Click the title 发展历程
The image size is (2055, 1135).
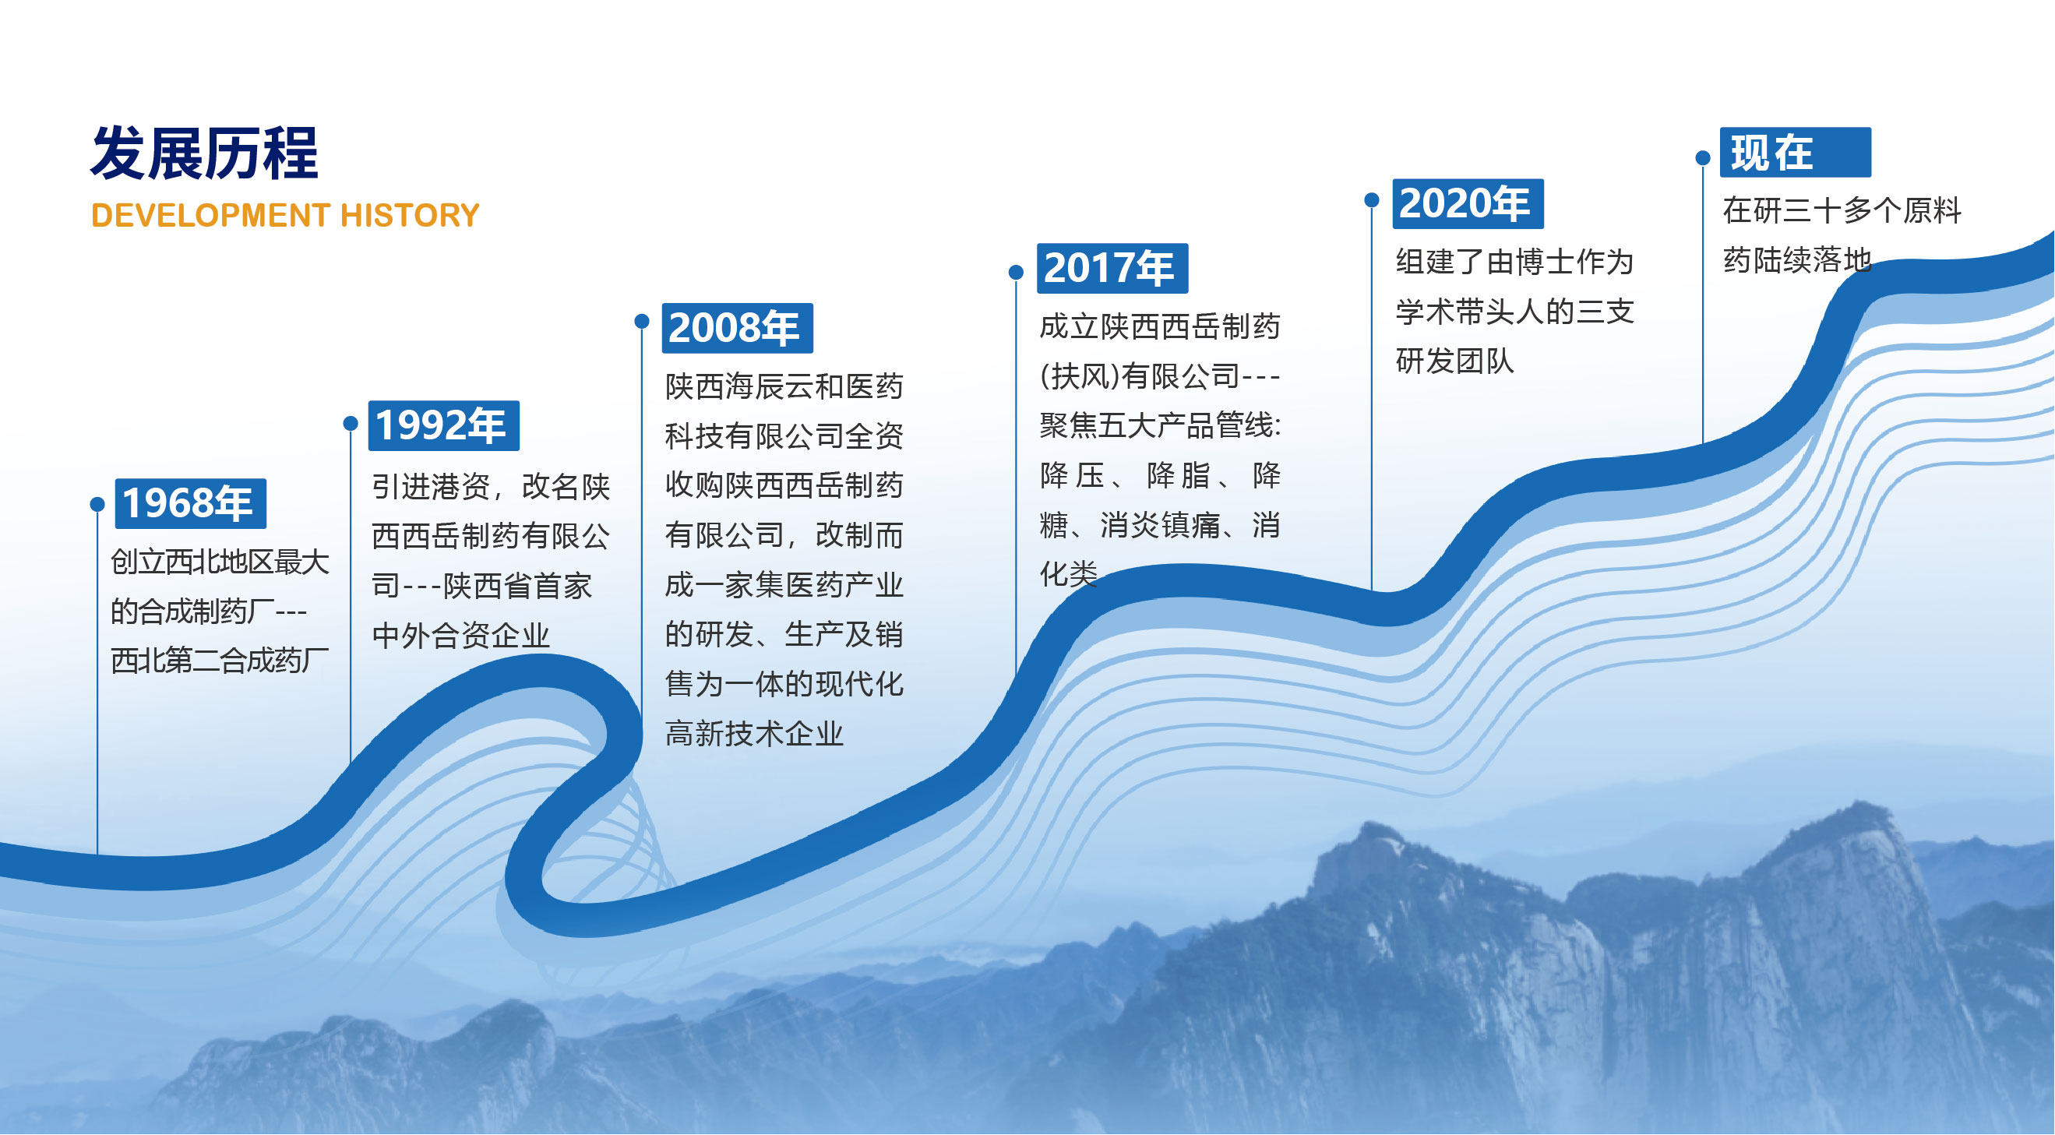pos(204,153)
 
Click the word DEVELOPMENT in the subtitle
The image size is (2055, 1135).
pos(210,215)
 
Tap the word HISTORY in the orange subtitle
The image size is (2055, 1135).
pos(409,215)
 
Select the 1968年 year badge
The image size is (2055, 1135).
pos(190,503)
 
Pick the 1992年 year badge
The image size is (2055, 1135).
pos(442,425)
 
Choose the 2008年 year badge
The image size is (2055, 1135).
pos(736,328)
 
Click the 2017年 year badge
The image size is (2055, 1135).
pos(1112,268)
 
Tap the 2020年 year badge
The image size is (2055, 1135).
pos(1467,203)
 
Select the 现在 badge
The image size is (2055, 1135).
pos(1794,153)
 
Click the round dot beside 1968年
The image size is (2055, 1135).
pos(97,504)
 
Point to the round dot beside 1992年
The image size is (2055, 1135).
pos(351,424)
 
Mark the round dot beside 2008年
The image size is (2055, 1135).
pos(641,322)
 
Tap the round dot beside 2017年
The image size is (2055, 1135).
pos(1016,273)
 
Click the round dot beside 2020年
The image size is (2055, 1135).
pos(1371,199)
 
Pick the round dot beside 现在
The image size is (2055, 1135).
pos(1702,158)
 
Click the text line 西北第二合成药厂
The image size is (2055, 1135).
pos(220,661)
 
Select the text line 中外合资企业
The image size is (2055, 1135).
pos(461,636)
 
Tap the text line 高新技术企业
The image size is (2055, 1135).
pos(754,734)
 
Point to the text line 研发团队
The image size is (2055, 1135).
pos(1454,361)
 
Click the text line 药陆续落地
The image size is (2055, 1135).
pos(1796,260)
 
